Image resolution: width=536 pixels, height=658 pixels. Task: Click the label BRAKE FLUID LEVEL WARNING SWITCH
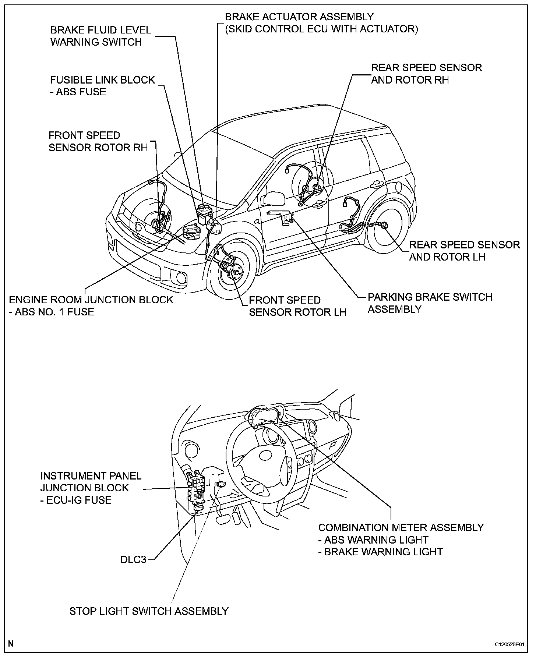(x=100, y=36)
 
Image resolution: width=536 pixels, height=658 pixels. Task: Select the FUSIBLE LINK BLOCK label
(x=102, y=80)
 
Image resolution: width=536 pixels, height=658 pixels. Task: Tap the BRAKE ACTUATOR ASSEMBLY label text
(x=299, y=17)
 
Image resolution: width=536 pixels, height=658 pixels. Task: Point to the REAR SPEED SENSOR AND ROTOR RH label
(x=426, y=74)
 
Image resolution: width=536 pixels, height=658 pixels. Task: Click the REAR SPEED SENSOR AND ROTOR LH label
(x=464, y=251)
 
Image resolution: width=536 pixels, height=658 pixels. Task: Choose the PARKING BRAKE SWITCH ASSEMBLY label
(x=430, y=303)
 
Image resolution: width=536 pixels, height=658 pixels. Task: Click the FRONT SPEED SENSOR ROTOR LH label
(x=297, y=306)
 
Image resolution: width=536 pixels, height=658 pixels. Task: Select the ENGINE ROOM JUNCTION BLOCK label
(x=91, y=300)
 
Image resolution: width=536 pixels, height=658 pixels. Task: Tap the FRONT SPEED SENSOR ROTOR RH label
(x=98, y=141)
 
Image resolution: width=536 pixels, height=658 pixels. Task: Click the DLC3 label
(x=133, y=560)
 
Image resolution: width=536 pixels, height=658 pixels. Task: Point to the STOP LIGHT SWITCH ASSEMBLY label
(x=149, y=611)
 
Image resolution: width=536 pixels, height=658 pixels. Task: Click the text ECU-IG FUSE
(x=79, y=500)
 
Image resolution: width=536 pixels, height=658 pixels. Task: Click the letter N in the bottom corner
(x=11, y=644)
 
